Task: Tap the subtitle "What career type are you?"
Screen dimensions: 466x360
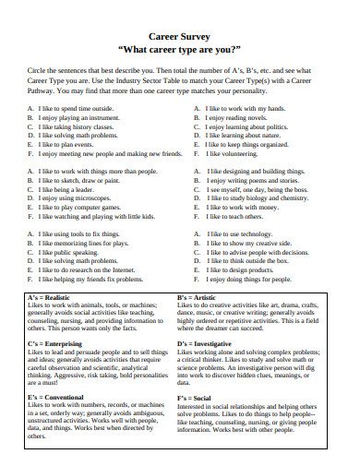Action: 180,48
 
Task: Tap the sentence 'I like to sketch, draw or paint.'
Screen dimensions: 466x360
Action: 88,181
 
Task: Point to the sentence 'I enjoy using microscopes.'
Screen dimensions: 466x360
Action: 79,198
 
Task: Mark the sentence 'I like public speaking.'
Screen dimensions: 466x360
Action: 73,251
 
